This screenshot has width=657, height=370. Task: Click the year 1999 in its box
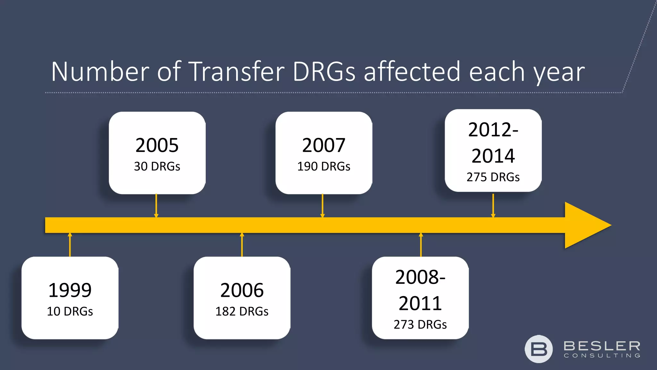point(70,290)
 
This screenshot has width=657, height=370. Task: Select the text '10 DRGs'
point(70,311)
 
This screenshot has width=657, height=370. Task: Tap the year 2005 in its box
point(157,145)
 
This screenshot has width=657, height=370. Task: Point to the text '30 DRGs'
point(157,166)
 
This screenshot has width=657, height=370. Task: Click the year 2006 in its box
point(242,290)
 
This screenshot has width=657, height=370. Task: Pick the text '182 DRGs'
point(242,311)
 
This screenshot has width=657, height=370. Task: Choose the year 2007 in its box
point(324,145)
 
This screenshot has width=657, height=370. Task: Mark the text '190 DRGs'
point(324,166)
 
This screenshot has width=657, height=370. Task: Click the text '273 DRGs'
point(420,324)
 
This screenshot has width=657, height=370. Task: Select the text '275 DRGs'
point(493,177)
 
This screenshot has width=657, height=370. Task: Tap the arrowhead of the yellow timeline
point(587,225)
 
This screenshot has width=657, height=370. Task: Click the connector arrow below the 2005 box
point(156,206)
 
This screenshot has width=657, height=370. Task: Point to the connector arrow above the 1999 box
point(70,245)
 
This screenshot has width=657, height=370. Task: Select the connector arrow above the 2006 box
point(242,245)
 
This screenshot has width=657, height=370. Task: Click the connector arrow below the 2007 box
point(322,206)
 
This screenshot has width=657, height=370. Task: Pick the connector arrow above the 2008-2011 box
point(421,245)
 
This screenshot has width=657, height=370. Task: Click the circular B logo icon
point(539,349)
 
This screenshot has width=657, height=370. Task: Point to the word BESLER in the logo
point(602,346)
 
